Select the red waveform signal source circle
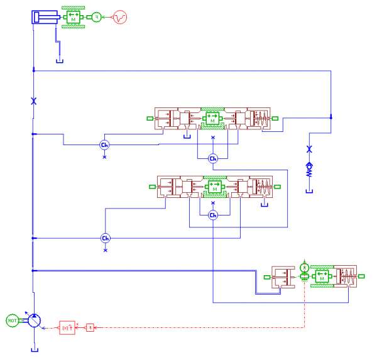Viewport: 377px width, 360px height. pyautogui.click(x=119, y=18)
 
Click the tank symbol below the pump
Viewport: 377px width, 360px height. pyautogui.click(x=34, y=350)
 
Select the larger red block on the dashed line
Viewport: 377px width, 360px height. pyautogui.click(x=67, y=327)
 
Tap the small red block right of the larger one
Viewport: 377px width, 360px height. pyautogui.click(x=90, y=327)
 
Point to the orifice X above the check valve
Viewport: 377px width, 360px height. pyautogui.click(x=309, y=150)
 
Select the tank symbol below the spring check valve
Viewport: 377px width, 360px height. pyautogui.click(x=309, y=191)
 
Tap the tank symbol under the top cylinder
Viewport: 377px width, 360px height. pyautogui.click(x=60, y=61)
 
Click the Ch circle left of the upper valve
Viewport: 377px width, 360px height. pyautogui.click(x=105, y=145)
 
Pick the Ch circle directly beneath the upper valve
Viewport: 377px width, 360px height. pyautogui.click(x=212, y=158)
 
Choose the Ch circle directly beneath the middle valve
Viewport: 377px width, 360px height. pyautogui.click(x=212, y=215)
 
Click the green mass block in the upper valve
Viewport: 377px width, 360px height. pyautogui.click(x=212, y=117)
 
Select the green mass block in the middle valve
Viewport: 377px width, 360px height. pyautogui.click(x=214, y=187)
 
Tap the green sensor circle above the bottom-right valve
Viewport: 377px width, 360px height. pyautogui.click(x=305, y=266)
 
